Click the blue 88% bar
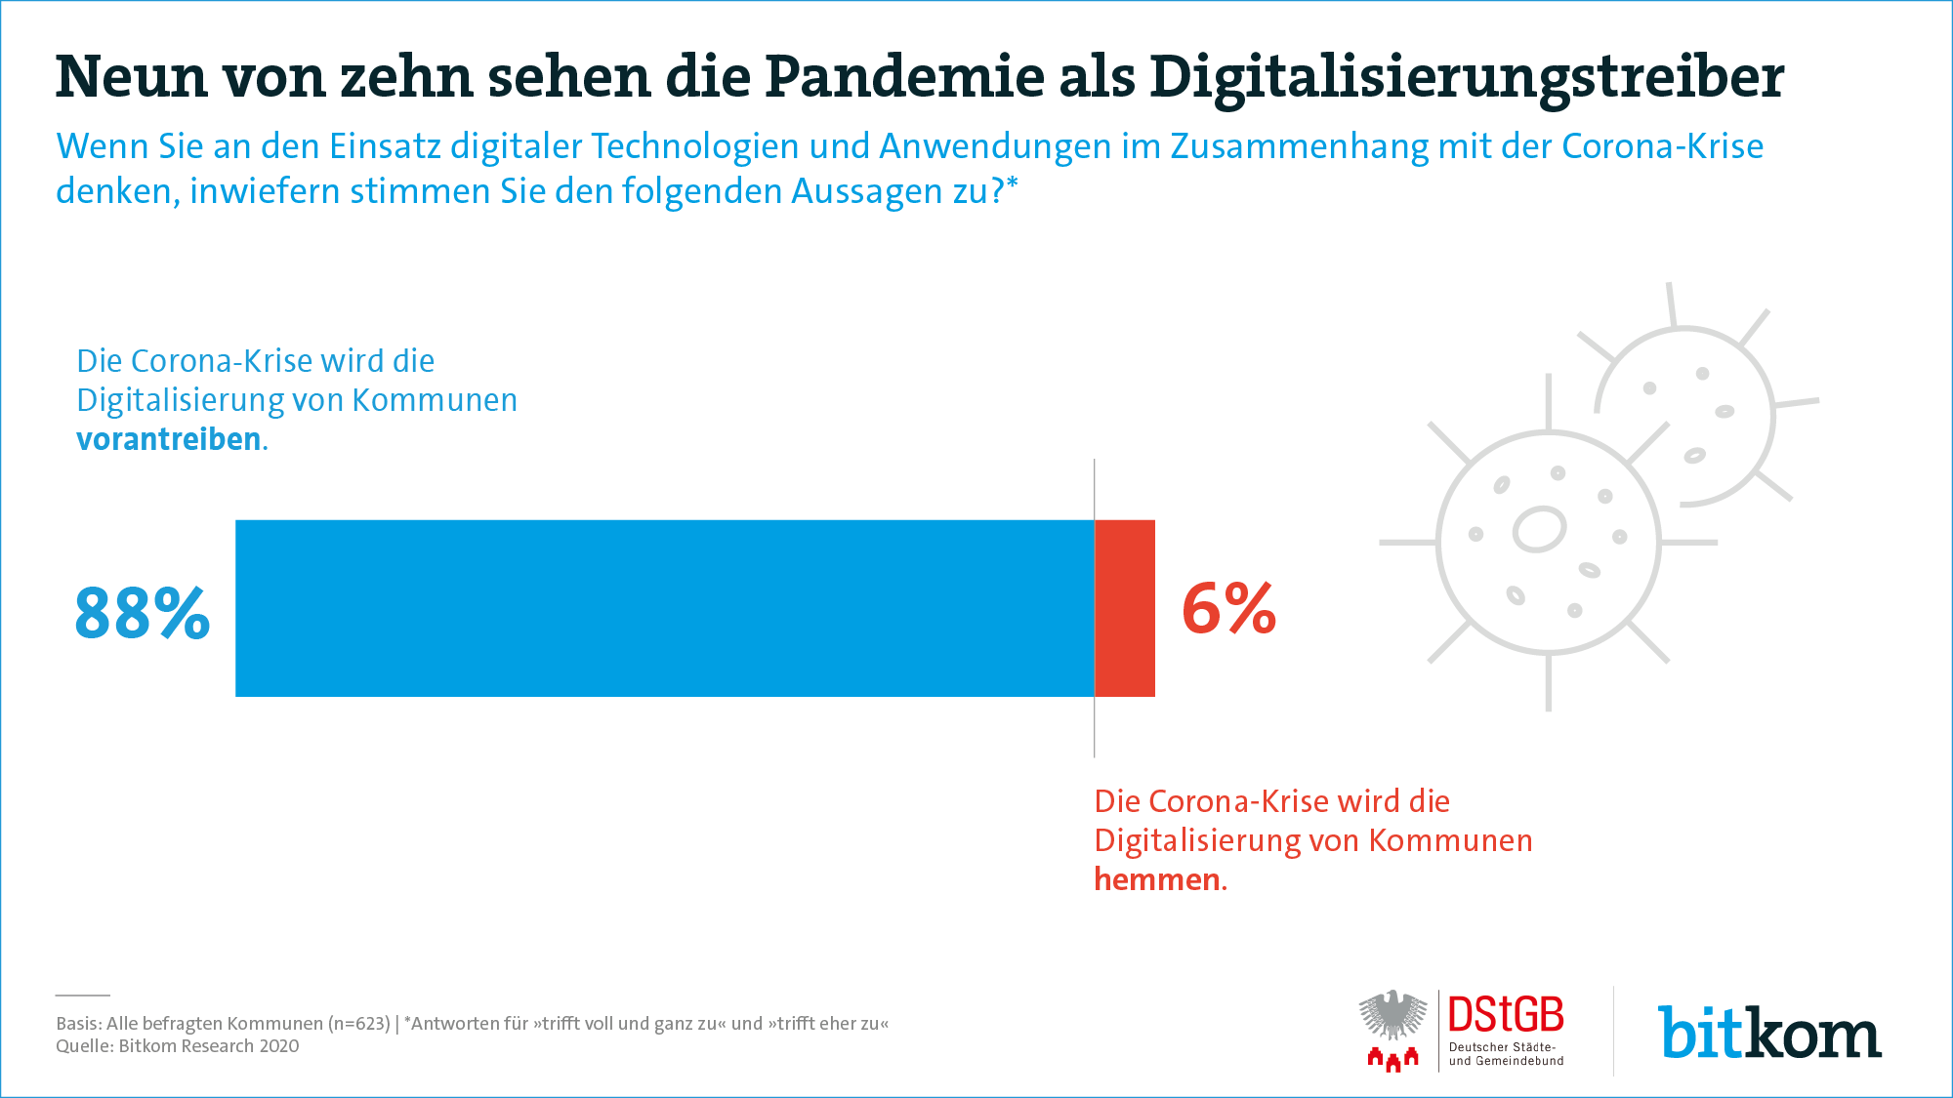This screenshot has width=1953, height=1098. click(665, 608)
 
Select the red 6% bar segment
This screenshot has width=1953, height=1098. click(1125, 608)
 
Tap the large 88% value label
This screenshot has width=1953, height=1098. click(143, 614)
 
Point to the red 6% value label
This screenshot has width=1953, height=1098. click(1228, 608)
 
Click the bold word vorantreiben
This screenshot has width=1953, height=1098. click(168, 439)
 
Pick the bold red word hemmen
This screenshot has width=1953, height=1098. click(1157, 879)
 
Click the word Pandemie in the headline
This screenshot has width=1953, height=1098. click(904, 76)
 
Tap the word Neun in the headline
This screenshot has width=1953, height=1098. click(131, 77)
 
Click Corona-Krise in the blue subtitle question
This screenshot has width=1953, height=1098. click(1662, 146)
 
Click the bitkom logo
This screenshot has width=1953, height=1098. click(1769, 1033)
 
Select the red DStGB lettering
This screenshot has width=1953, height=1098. click(1506, 1015)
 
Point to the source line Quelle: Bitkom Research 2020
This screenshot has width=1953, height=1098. click(178, 1046)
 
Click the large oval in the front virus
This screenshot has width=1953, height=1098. click(1539, 529)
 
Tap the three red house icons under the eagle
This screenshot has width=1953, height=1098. click(1393, 1059)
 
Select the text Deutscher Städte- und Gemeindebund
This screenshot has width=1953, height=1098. click(1506, 1054)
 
